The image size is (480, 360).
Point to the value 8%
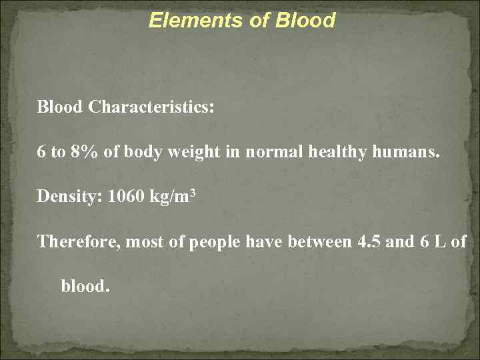point(85,152)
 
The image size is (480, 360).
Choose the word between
point(319,242)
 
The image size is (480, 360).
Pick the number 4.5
point(369,242)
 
